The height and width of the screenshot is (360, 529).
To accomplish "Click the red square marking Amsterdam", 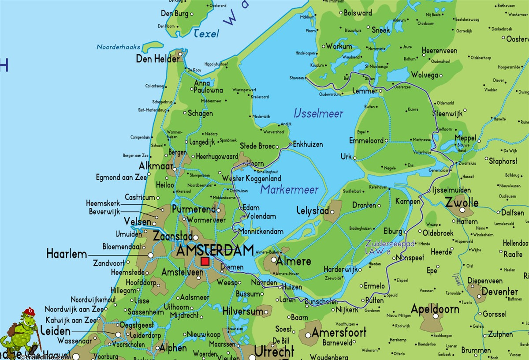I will coord(205,261).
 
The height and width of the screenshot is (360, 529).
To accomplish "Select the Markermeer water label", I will coord(289,190).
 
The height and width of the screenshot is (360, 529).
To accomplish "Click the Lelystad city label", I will coord(313,210).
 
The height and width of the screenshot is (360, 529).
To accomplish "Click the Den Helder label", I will coord(157,59).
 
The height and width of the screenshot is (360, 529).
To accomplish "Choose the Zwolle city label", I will coord(461,203).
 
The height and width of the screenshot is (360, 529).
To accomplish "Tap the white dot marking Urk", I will coord(355,157).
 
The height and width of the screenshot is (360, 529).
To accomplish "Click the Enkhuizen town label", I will coord(308,144).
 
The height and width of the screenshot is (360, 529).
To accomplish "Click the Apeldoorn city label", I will coord(435,309).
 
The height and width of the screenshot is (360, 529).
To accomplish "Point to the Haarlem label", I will coord(66,254).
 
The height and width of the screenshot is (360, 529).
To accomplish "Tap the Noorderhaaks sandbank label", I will coord(118,47).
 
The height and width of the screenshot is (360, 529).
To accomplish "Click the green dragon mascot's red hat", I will coord(30,311).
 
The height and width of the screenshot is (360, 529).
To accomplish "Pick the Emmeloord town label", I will coord(366,141).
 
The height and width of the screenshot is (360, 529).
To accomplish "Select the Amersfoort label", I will coord(339,332).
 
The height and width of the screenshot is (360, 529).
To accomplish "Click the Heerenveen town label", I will coord(439,51).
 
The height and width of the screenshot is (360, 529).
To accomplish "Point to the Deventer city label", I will coord(499,292).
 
